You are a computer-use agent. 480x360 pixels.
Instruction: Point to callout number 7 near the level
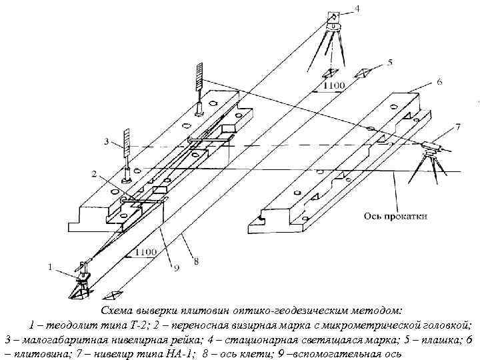click(x=457, y=126)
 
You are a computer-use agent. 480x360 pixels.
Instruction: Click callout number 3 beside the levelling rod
click(x=106, y=141)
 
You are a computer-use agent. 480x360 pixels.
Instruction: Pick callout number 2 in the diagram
click(x=95, y=175)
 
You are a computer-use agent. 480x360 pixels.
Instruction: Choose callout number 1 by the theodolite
click(x=49, y=267)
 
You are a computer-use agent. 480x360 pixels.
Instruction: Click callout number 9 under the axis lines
click(x=176, y=269)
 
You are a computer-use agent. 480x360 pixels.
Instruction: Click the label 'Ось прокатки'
click(x=396, y=215)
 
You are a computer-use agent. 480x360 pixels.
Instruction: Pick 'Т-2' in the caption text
click(x=137, y=325)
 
